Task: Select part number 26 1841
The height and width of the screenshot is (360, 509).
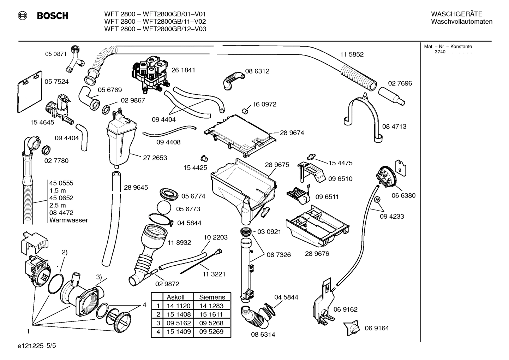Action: [x=183, y=70]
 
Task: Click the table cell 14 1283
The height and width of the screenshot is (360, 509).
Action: [x=211, y=306]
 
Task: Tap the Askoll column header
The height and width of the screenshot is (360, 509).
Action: [x=175, y=297]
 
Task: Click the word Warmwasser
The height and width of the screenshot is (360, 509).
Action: [x=68, y=220]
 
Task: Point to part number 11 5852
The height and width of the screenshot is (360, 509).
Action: [x=352, y=54]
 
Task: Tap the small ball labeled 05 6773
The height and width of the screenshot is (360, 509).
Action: [x=163, y=208]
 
